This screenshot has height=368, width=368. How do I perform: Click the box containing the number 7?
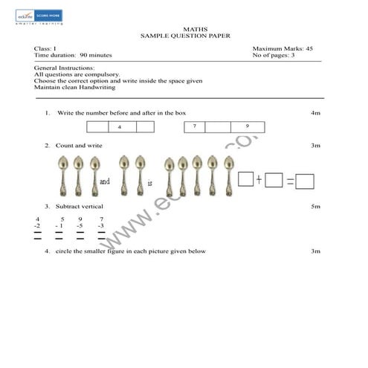(194, 126)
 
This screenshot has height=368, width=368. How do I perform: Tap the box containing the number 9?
(248, 126)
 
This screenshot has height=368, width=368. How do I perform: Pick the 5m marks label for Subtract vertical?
(315, 205)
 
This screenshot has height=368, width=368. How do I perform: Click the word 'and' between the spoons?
(105, 181)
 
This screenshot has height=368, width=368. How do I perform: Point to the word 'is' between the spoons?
(149, 181)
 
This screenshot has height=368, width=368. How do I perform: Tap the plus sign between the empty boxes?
(259, 180)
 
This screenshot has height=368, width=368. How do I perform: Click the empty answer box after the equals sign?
(305, 181)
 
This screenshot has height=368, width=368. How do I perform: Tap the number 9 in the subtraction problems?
(80, 219)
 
